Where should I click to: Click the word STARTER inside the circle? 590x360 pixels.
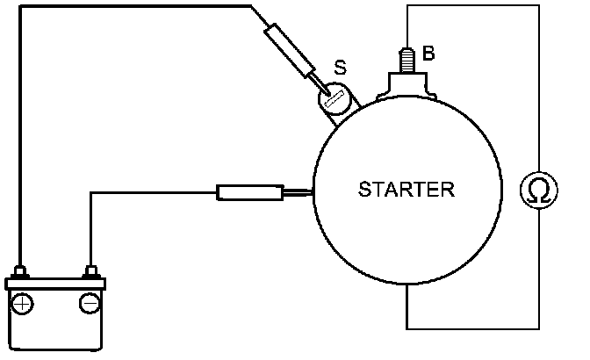pyautogui.click(x=407, y=189)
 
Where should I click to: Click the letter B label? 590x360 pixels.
pyautogui.click(x=428, y=54)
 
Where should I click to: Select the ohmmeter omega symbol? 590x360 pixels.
pyautogui.click(x=536, y=191)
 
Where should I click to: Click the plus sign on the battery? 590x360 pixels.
pyautogui.click(x=24, y=304)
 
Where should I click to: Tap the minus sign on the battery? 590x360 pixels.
pyautogui.click(x=89, y=304)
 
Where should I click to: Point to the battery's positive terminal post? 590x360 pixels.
pyautogui.click(x=24, y=270)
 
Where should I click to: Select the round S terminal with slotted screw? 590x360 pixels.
pyautogui.click(x=335, y=98)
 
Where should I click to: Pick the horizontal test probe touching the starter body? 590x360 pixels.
pyautogui.click(x=249, y=192)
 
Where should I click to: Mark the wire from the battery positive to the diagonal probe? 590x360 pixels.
pyautogui.click(x=132, y=7)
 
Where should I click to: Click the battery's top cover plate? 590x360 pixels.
pyautogui.click(x=55, y=284)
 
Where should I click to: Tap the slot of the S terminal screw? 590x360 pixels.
pyautogui.click(x=332, y=100)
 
